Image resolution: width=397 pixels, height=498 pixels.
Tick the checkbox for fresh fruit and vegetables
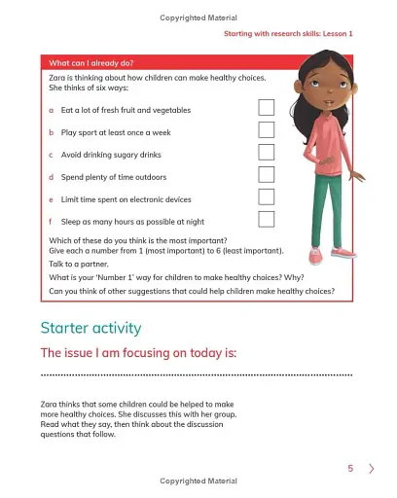(266, 108)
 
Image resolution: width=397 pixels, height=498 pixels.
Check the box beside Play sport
(266, 130)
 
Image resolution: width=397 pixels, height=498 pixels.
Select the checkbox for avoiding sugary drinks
(266, 153)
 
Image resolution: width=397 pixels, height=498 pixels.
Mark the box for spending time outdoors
(266, 175)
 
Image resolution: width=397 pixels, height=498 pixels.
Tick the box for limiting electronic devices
(266, 197)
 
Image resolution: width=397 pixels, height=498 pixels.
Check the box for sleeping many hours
(266, 220)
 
